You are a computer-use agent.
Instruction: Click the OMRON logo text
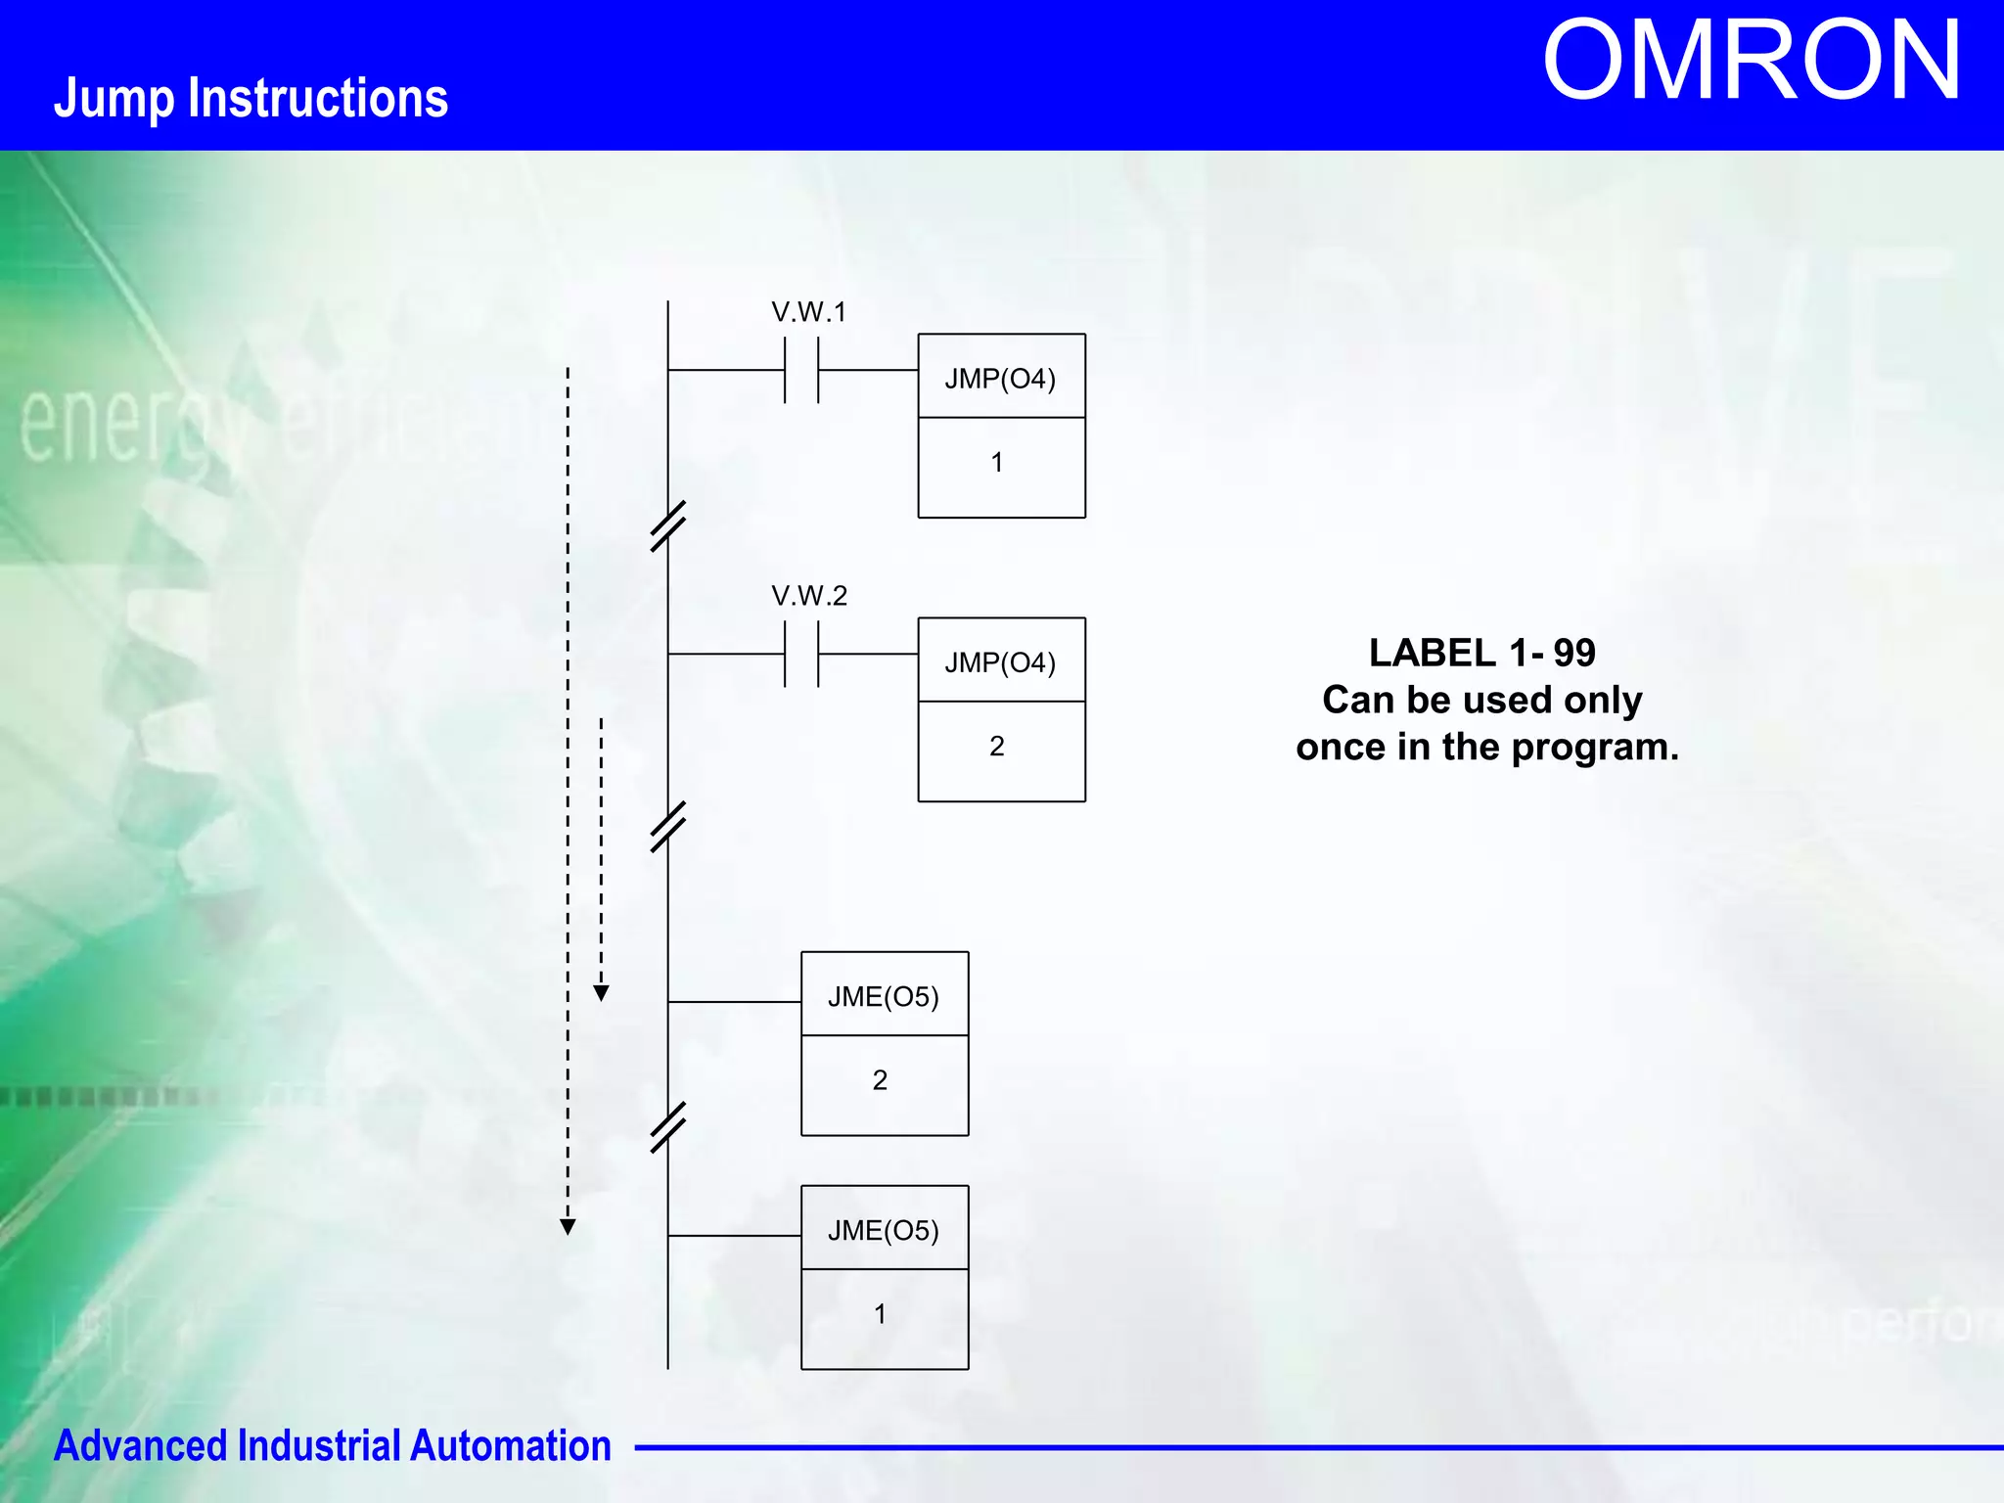pyautogui.click(x=1751, y=62)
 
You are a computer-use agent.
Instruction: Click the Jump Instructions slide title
pyautogui.click(x=250, y=98)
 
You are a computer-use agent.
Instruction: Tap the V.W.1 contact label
pyautogui.click(x=808, y=312)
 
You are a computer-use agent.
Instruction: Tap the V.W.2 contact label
pyautogui.click(x=808, y=596)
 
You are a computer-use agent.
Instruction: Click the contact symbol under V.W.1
pyautogui.click(x=801, y=371)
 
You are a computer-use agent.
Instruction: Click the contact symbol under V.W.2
pyautogui.click(x=801, y=655)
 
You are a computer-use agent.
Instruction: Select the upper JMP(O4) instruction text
pyautogui.click(x=1000, y=379)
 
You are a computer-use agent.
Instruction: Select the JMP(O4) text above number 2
pyautogui.click(x=1000, y=662)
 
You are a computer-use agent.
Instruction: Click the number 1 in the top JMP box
pyautogui.click(x=996, y=463)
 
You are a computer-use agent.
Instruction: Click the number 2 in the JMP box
pyautogui.click(x=996, y=747)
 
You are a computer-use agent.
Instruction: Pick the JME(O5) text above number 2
pyautogui.click(x=883, y=996)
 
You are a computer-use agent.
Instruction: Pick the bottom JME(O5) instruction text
pyautogui.click(x=883, y=1230)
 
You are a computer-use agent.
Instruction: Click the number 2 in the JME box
pyautogui.click(x=880, y=1080)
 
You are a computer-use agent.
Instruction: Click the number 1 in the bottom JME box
pyautogui.click(x=880, y=1314)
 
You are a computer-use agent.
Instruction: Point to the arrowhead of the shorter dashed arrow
pyautogui.click(x=602, y=993)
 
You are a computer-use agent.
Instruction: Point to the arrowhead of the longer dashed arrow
pyautogui.click(x=568, y=1227)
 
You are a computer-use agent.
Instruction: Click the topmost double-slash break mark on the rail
pyautogui.click(x=668, y=526)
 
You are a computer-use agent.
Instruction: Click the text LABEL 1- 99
pyautogui.click(x=1481, y=653)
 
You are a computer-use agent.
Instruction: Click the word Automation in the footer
pyautogui.click(x=510, y=1446)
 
